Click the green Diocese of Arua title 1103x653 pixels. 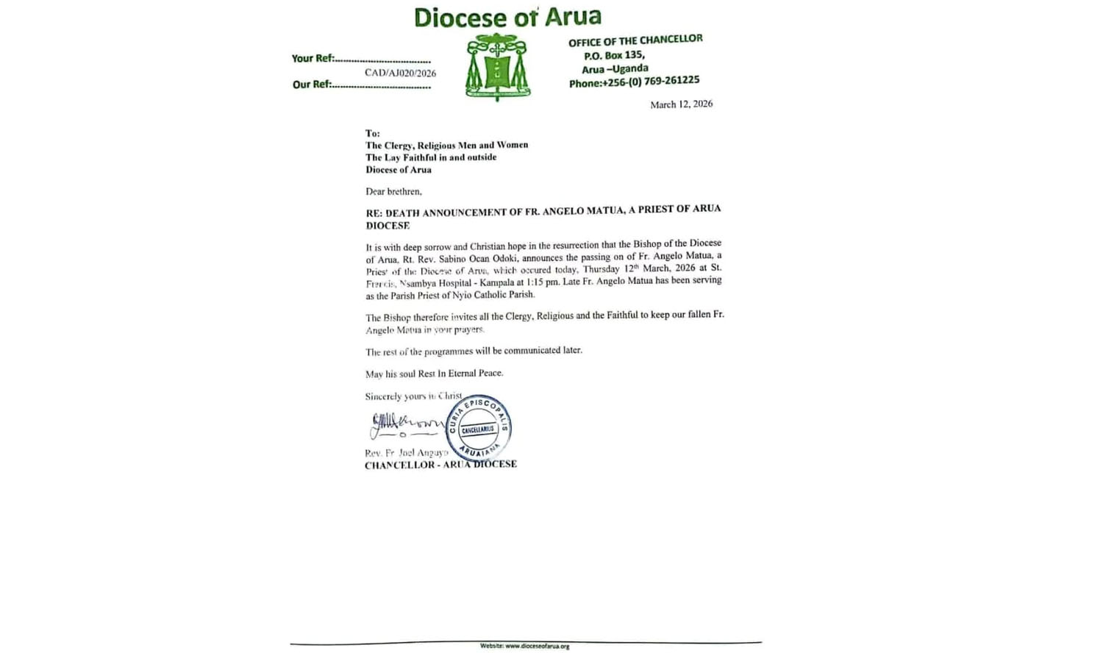[507, 17]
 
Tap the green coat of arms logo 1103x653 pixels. [498, 66]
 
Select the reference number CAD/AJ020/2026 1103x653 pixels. [400, 73]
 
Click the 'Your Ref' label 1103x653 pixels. [313, 58]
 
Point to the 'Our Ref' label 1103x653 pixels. [312, 85]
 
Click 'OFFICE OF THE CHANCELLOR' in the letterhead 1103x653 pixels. [635, 40]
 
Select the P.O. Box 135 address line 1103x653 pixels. [614, 55]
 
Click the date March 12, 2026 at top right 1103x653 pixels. [681, 104]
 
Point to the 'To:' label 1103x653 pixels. [373, 133]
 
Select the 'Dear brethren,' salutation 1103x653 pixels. [393, 191]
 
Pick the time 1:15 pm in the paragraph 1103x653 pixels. [543, 282]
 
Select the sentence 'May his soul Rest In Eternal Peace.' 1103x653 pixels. [434, 374]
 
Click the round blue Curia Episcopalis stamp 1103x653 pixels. [479, 428]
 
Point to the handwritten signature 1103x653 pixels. [404, 425]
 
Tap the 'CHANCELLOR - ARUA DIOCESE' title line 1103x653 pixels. [440, 465]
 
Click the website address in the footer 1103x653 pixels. [525, 646]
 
